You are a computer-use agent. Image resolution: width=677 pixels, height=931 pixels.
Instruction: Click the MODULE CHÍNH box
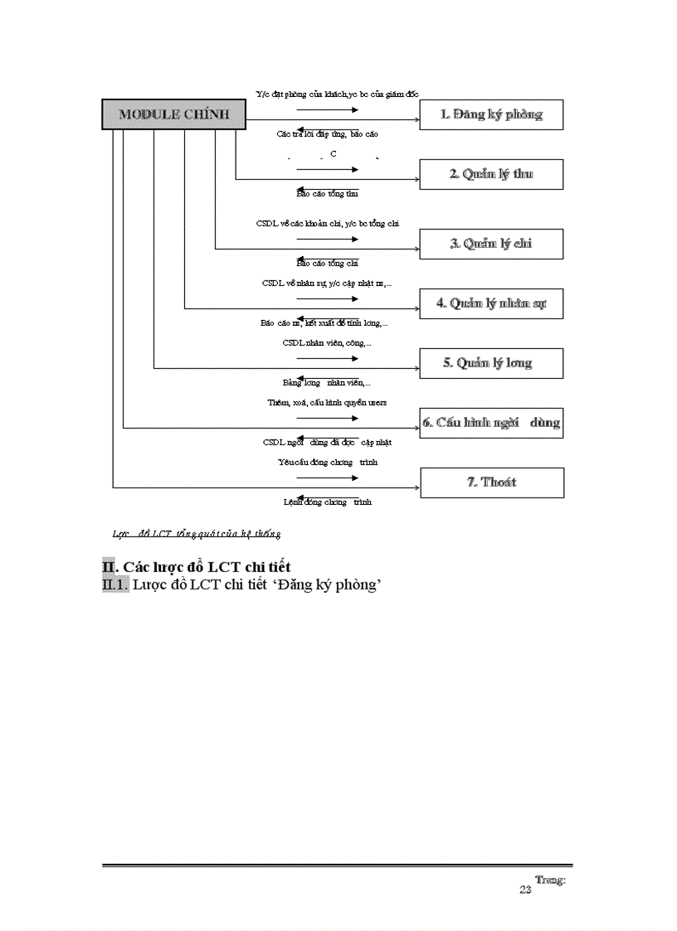pyautogui.click(x=173, y=114)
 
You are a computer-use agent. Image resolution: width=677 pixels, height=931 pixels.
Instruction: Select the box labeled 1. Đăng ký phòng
pyautogui.click(x=491, y=115)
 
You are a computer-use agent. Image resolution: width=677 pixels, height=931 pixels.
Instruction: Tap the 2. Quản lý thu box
pyautogui.click(x=491, y=174)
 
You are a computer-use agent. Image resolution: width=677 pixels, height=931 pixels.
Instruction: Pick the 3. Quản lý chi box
pyautogui.click(x=491, y=244)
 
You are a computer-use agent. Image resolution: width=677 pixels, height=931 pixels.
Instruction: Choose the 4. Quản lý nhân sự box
pyautogui.click(x=491, y=303)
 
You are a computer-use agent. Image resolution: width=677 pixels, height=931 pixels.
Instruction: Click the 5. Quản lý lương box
pyautogui.click(x=491, y=363)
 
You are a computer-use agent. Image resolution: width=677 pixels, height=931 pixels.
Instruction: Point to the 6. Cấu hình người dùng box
pyautogui.click(x=491, y=423)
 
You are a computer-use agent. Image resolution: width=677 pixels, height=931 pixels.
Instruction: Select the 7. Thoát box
pyautogui.click(x=492, y=482)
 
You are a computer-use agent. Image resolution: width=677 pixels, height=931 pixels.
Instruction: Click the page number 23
pyautogui.click(x=525, y=890)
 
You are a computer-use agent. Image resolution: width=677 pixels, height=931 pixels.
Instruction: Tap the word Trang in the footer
pyautogui.click(x=550, y=880)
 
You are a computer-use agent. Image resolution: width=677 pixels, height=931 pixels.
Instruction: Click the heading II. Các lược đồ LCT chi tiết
pyautogui.click(x=196, y=567)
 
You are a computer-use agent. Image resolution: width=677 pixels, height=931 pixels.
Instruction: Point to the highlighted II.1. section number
pyautogui.click(x=115, y=585)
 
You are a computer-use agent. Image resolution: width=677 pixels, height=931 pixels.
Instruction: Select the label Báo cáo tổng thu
pyautogui.click(x=327, y=194)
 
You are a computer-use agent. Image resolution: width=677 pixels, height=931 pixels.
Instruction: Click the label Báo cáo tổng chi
pyautogui.click(x=327, y=264)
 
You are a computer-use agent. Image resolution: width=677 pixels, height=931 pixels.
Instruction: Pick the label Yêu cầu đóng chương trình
pyautogui.click(x=328, y=462)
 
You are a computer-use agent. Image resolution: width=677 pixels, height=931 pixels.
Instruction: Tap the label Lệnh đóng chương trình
pyautogui.click(x=328, y=502)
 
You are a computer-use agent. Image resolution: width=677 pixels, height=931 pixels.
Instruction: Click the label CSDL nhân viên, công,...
pyautogui.click(x=327, y=342)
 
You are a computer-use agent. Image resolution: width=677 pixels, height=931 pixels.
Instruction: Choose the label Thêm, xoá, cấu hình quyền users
pyautogui.click(x=327, y=402)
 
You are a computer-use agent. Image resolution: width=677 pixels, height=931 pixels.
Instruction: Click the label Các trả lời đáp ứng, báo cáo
pyautogui.click(x=327, y=134)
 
